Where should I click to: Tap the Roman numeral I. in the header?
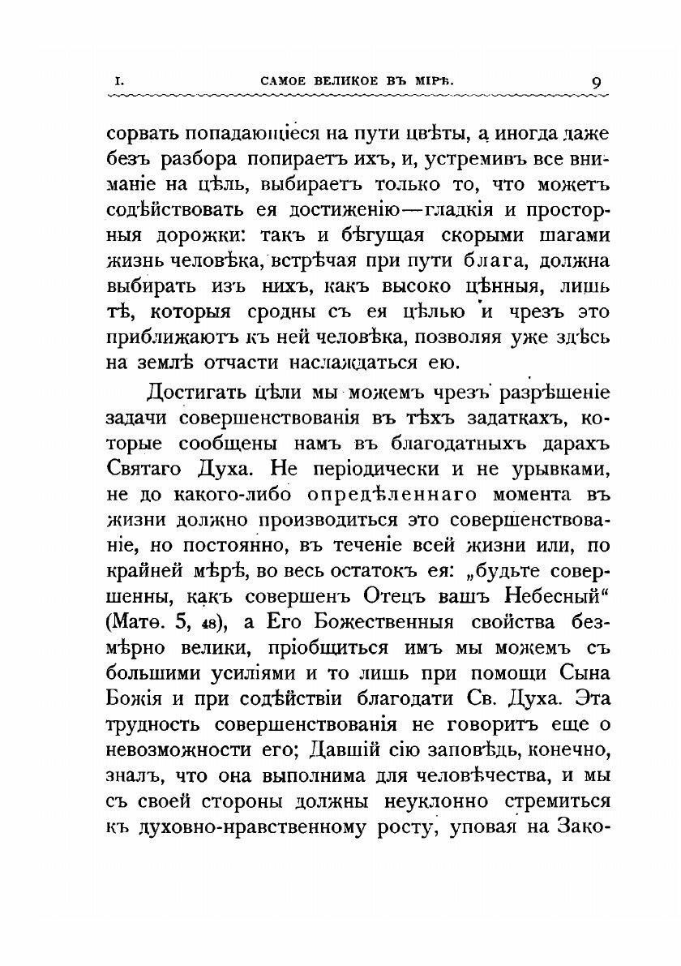pyautogui.click(x=118, y=81)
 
